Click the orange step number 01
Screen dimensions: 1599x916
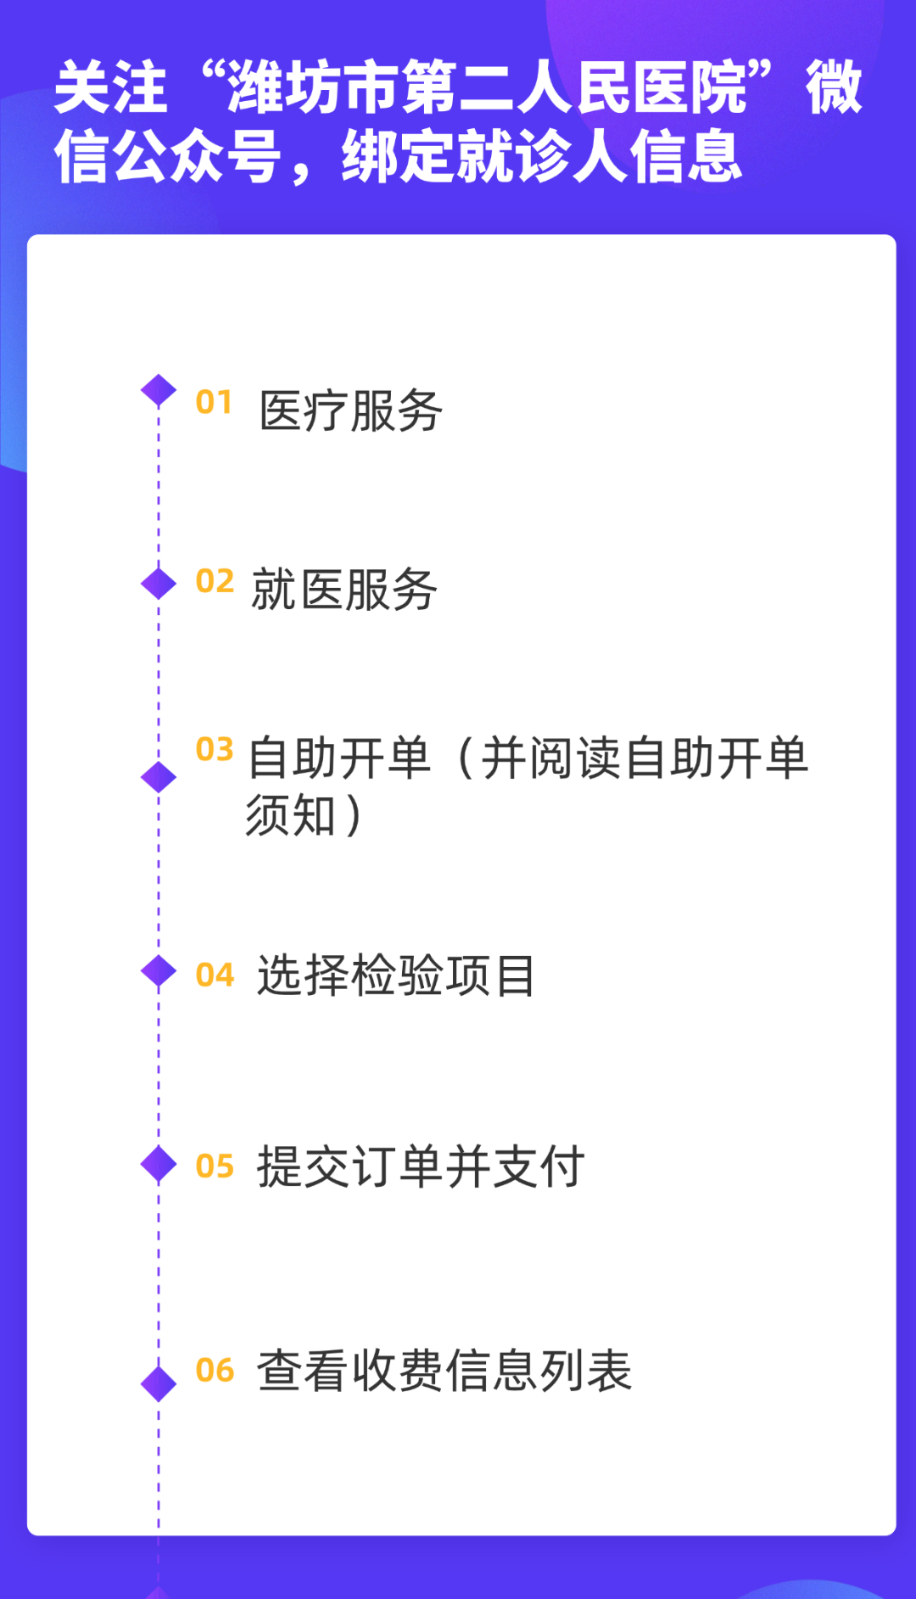[x=214, y=402]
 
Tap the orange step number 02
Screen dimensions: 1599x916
[x=215, y=581]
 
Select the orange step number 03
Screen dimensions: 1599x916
[x=215, y=749]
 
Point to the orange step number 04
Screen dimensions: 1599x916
[x=215, y=975]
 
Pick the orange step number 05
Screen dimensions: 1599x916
[x=215, y=1166]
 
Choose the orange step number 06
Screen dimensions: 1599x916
[x=215, y=1370]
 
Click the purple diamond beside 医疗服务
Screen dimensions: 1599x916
[x=159, y=391]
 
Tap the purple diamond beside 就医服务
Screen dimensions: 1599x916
[x=159, y=584]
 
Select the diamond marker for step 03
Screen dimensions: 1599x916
[x=159, y=777]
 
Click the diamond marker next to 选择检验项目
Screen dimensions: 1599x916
[x=159, y=971]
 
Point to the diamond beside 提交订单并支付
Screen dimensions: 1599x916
[x=159, y=1164]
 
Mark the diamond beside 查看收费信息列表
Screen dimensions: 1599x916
[x=159, y=1384]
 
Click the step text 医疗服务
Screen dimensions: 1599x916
[x=350, y=411]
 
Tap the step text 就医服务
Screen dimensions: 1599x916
[x=343, y=590]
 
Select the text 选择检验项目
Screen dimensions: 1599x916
[x=396, y=976]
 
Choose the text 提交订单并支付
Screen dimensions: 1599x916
[x=421, y=1167]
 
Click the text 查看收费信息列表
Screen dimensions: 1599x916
[x=444, y=1371]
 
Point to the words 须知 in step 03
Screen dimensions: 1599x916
[x=291, y=816]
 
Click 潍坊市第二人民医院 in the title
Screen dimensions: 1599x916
[x=488, y=88]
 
